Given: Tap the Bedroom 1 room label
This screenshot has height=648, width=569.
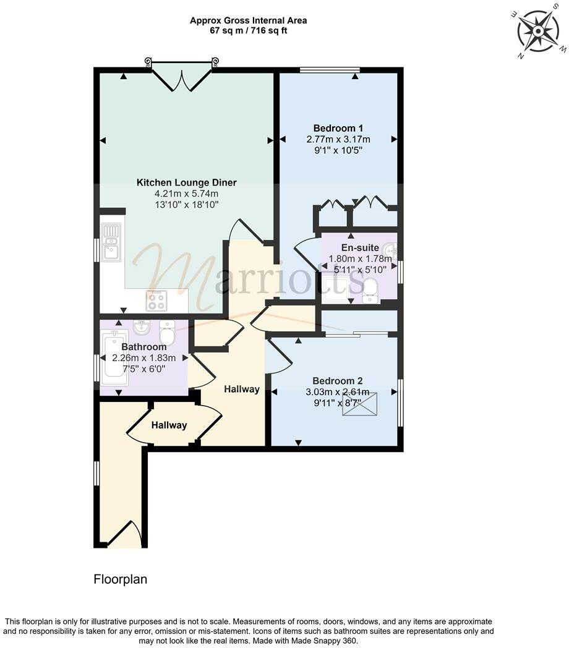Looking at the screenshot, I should pos(338,128).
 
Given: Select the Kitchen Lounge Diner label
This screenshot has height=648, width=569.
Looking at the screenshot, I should pos(186,182).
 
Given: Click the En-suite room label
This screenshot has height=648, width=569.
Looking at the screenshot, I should pos(359,248).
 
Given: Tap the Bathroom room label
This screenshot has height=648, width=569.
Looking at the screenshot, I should pos(143,347).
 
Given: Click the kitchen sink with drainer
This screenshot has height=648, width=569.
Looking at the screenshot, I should pos(111,242).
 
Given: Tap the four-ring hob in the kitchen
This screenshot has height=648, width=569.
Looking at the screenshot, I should pos(156,301).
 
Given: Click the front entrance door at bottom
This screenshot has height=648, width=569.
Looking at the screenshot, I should pos(126,535).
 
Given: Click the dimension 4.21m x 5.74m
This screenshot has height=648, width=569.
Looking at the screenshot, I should pos(186,194).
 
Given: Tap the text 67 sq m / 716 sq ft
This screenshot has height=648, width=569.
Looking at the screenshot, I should pos(248,30).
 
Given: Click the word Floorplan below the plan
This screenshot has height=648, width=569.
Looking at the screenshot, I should pos(121,579).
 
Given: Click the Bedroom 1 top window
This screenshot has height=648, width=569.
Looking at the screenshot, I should pos(330,70).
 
